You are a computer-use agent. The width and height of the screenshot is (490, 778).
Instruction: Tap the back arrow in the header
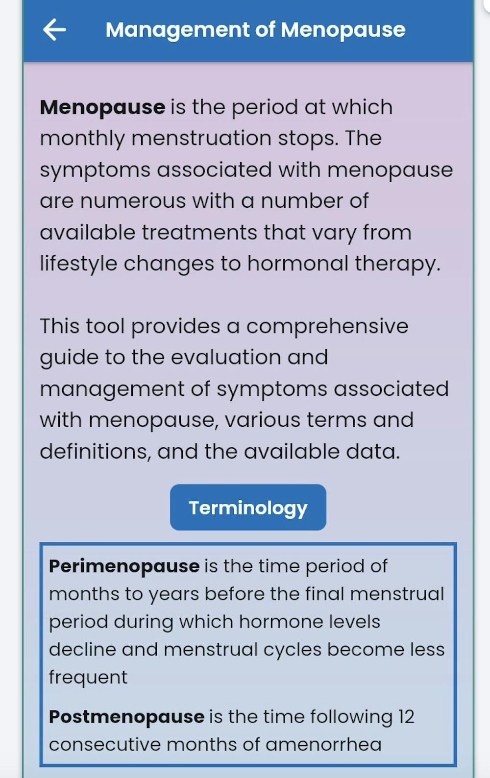[x=54, y=30]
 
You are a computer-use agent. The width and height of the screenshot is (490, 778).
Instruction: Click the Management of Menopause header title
[x=255, y=30]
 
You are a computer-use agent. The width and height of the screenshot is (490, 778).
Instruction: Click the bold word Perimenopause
[x=124, y=566]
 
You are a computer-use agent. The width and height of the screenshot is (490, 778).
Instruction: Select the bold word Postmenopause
[x=126, y=717]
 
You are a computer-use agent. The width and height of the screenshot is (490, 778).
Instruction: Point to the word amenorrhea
[x=323, y=745]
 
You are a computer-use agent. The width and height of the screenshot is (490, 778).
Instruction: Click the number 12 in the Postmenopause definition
[x=406, y=717]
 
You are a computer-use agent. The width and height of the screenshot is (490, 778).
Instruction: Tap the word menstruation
[x=201, y=139]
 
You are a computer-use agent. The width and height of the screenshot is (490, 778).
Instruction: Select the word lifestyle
[x=78, y=264]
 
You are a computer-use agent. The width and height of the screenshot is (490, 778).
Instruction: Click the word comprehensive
[x=327, y=327]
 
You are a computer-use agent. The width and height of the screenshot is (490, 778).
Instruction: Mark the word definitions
[x=95, y=451]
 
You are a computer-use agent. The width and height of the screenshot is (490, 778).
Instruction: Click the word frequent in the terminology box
[x=88, y=678]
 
